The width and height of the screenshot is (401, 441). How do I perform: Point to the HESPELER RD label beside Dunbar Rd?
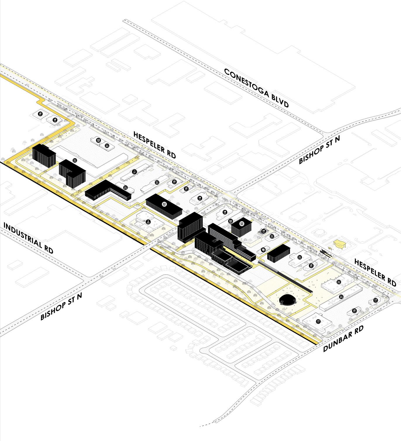click(x=375, y=272)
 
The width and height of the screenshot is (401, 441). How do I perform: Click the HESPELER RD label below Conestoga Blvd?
click(x=154, y=145)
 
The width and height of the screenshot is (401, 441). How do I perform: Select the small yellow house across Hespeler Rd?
click(x=340, y=244)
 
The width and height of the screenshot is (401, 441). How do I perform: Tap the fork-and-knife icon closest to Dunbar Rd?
click(x=355, y=311)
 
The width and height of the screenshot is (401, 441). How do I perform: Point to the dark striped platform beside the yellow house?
click(x=324, y=251)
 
